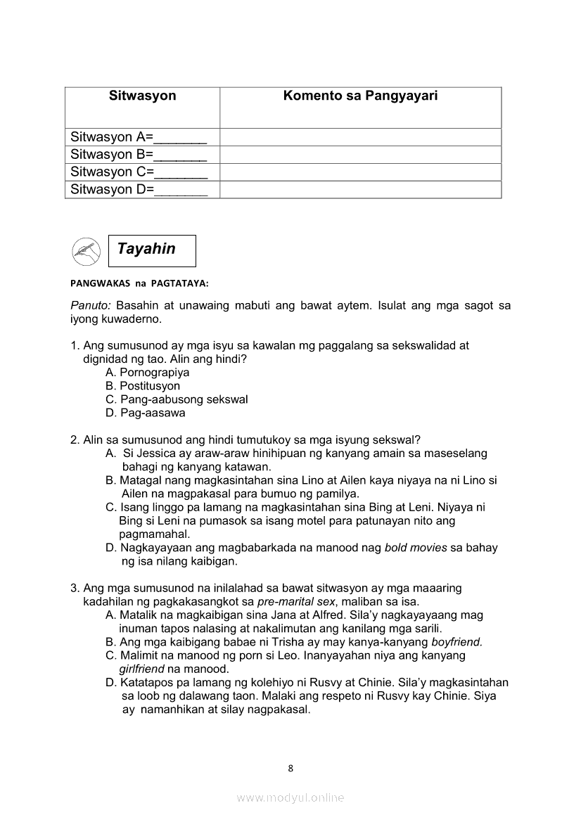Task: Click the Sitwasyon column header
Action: tap(142, 96)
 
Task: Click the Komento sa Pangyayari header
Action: tap(360, 96)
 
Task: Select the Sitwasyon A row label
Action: tap(139, 137)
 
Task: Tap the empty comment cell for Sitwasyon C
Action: tap(360, 172)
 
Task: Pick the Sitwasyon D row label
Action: tap(139, 189)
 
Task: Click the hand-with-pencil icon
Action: tap(86, 250)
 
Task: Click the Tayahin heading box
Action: tap(152, 250)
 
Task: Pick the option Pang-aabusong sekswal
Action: tap(177, 399)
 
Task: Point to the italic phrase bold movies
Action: tap(416, 548)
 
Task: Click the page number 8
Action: tap(290, 769)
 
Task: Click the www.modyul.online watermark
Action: tap(290, 798)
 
